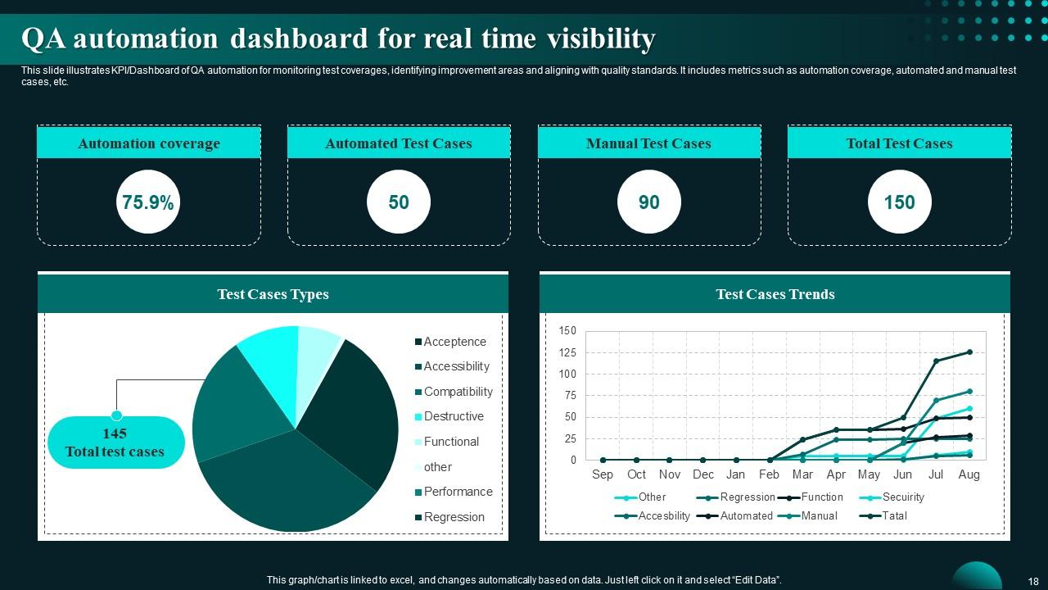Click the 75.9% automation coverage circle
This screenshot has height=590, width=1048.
[x=148, y=202]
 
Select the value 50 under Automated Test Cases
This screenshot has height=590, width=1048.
[x=399, y=202]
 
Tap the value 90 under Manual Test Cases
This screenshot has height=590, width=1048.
[x=648, y=202]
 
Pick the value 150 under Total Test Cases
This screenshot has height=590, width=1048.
[x=899, y=202]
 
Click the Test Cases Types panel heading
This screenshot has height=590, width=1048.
[x=273, y=294]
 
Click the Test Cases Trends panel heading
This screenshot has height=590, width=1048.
[x=775, y=294]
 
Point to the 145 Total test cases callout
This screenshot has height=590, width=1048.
[x=115, y=442]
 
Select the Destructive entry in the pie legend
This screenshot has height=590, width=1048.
[x=453, y=416]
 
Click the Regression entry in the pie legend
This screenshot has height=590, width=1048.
[x=454, y=517]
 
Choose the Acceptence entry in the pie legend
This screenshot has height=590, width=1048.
[x=454, y=342]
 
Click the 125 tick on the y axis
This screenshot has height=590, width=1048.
[x=567, y=352]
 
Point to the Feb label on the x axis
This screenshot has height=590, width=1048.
[x=769, y=474]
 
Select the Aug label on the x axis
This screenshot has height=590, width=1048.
[x=969, y=474]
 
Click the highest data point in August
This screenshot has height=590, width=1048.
[x=969, y=352]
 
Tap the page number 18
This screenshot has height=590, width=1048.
[x=1032, y=580]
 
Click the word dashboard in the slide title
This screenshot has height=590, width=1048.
[x=298, y=39]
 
